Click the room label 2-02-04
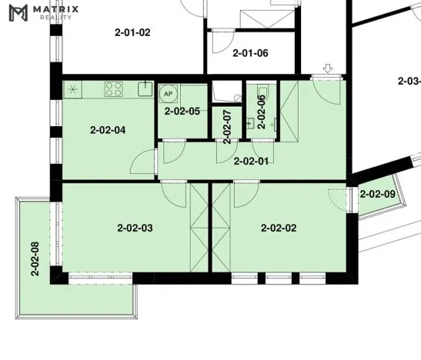(108, 130)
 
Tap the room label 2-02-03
(135, 228)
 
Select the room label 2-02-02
(279, 228)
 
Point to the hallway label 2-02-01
(250, 162)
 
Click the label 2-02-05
(182, 112)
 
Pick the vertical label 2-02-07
(226, 126)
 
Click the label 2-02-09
(378, 195)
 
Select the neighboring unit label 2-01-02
(132, 32)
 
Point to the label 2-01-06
(250, 53)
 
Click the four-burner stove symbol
(115, 88)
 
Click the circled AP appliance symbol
(168, 93)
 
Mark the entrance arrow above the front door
(328, 69)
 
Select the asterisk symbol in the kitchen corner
(73, 88)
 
